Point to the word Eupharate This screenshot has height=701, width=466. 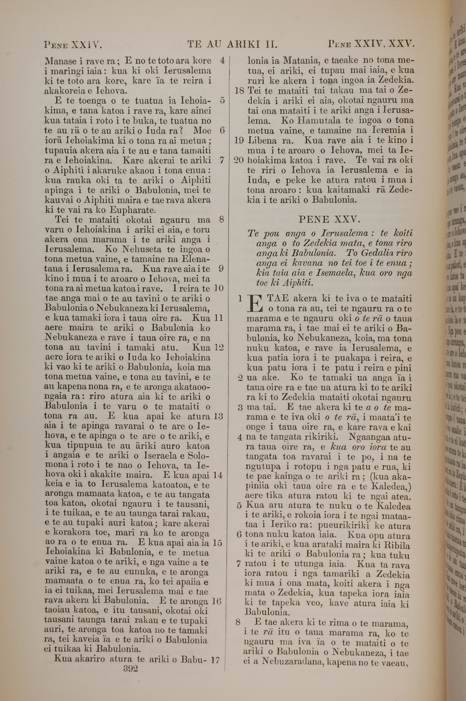(x=133, y=210)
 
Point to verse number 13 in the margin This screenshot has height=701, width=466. (x=218, y=416)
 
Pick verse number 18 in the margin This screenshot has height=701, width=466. (x=240, y=91)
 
